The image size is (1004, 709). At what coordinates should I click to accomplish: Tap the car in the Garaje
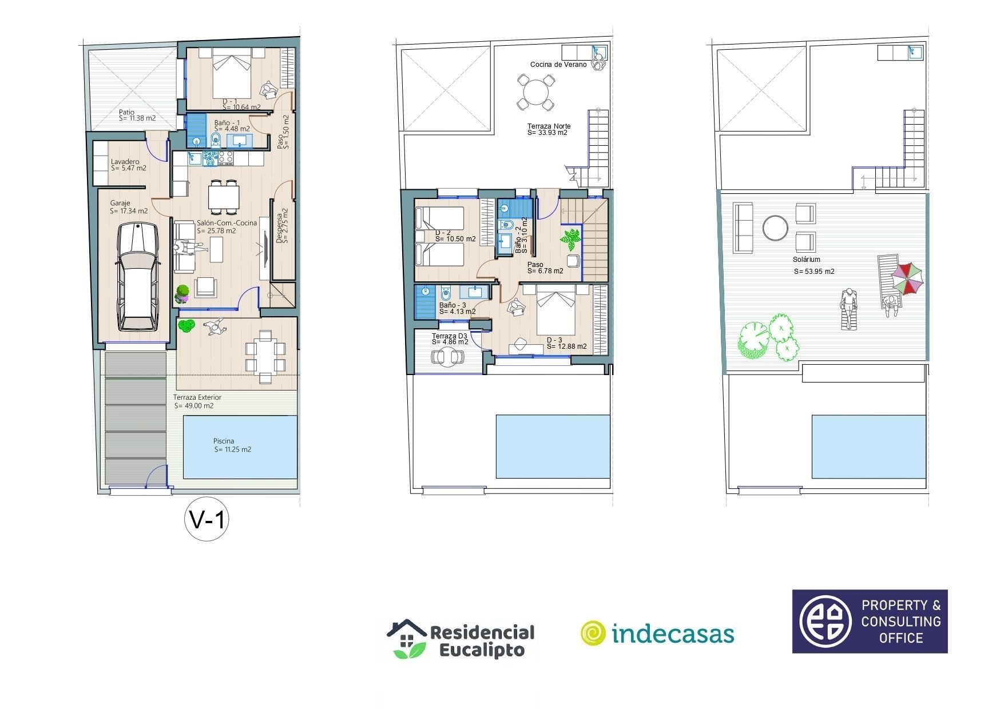click(x=137, y=277)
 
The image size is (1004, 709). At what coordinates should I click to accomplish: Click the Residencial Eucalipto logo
click(x=461, y=640)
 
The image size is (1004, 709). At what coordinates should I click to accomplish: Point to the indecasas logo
click(x=657, y=634)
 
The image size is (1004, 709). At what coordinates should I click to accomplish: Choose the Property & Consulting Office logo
click(x=870, y=622)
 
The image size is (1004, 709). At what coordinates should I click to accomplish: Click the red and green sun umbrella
click(x=907, y=279)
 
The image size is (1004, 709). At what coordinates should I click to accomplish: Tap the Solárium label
click(x=807, y=260)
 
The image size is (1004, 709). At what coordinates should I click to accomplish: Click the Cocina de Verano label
click(x=558, y=65)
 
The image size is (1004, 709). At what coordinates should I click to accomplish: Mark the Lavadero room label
click(x=125, y=162)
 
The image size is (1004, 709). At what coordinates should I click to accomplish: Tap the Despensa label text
click(x=280, y=229)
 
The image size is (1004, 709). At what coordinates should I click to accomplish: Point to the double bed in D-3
click(x=555, y=311)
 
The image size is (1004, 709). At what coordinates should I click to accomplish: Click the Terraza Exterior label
click(x=197, y=397)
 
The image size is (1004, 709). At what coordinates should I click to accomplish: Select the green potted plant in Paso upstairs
click(x=572, y=239)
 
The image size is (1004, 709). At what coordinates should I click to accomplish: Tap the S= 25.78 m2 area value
click(x=216, y=231)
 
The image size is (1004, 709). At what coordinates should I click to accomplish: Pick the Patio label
click(x=126, y=112)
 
